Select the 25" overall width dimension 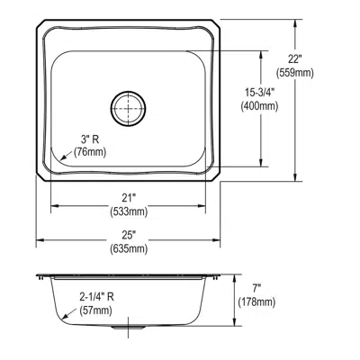(128, 234)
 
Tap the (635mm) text (128, 248)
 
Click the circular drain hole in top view (128, 107)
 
